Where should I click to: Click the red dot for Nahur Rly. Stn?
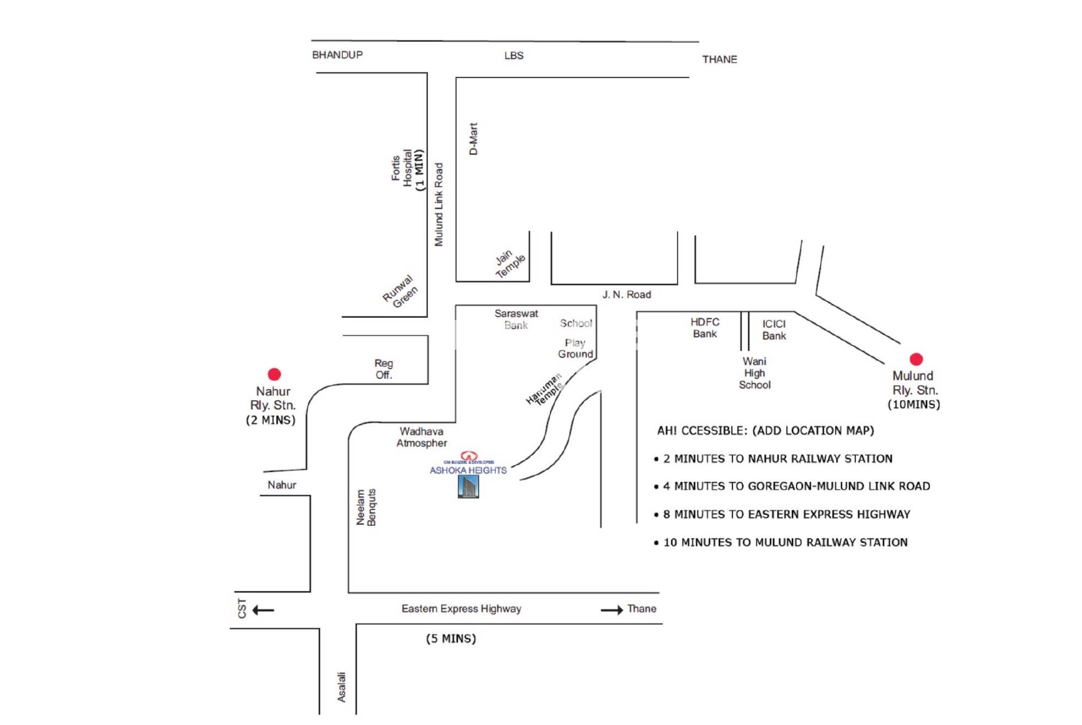pyautogui.click(x=274, y=374)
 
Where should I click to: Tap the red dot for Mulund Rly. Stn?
pyautogui.click(x=916, y=359)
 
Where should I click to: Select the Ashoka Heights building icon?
pyautogui.click(x=468, y=486)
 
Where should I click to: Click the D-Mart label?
pyautogui.click(x=473, y=139)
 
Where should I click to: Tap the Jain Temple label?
pyautogui.click(x=509, y=263)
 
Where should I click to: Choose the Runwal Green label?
pyautogui.click(x=400, y=292)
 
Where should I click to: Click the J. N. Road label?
pyautogui.click(x=627, y=295)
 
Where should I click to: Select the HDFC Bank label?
pyautogui.click(x=704, y=328)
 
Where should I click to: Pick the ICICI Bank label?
pyautogui.click(x=774, y=330)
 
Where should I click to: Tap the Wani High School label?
pyautogui.click(x=754, y=373)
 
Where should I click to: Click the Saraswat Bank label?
pyautogui.click(x=516, y=319)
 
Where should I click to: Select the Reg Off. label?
pyautogui.click(x=384, y=369)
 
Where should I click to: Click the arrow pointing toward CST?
pyautogui.click(x=263, y=610)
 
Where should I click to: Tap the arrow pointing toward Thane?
pyautogui.click(x=612, y=610)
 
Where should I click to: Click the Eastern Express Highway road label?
pyautogui.click(x=461, y=609)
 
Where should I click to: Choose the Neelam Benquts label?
pyautogui.click(x=366, y=507)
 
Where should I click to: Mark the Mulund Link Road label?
pyautogui.click(x=438, y=205)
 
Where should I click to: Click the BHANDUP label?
pyautogui.click(x=337, y=55)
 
